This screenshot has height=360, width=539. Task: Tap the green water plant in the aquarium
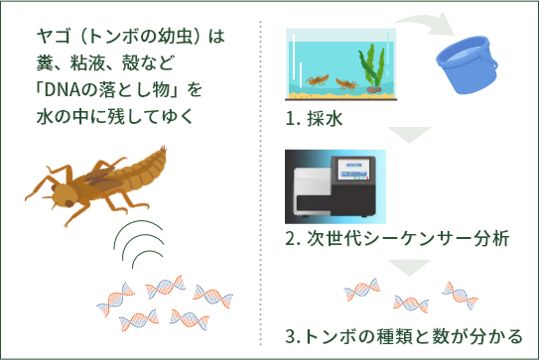[x=373, y=66]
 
